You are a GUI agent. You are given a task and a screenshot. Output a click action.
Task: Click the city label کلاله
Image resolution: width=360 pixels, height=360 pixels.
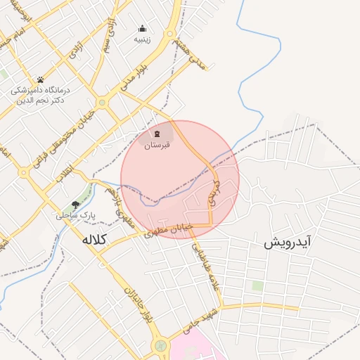(94, 240)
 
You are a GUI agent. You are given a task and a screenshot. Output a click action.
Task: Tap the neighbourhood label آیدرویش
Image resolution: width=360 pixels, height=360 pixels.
(288, 244)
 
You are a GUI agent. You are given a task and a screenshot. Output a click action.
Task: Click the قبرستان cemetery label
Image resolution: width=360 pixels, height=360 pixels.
(157, 146)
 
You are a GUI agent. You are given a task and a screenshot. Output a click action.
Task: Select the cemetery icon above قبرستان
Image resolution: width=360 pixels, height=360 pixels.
(157, 134)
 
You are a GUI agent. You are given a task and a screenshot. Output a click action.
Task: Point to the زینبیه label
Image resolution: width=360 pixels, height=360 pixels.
(143, 40)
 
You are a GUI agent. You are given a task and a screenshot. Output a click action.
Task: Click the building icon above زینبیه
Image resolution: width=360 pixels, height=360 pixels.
(143, 29)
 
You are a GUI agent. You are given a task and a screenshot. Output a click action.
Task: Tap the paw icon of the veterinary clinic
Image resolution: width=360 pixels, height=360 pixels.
(40, 79)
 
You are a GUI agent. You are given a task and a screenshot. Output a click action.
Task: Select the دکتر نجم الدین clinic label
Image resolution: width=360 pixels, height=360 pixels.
(39, 100)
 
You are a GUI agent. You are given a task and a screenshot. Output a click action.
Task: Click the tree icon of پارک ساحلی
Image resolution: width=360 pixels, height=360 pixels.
(75, 205)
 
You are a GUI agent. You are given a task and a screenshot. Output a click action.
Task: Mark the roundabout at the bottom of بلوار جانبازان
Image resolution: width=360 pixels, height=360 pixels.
(161, 346)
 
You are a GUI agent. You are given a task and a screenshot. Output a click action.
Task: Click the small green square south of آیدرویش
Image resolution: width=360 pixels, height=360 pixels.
(257, 286)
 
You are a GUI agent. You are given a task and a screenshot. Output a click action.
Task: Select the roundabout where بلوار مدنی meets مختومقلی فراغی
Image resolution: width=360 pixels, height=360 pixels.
(102, 103)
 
